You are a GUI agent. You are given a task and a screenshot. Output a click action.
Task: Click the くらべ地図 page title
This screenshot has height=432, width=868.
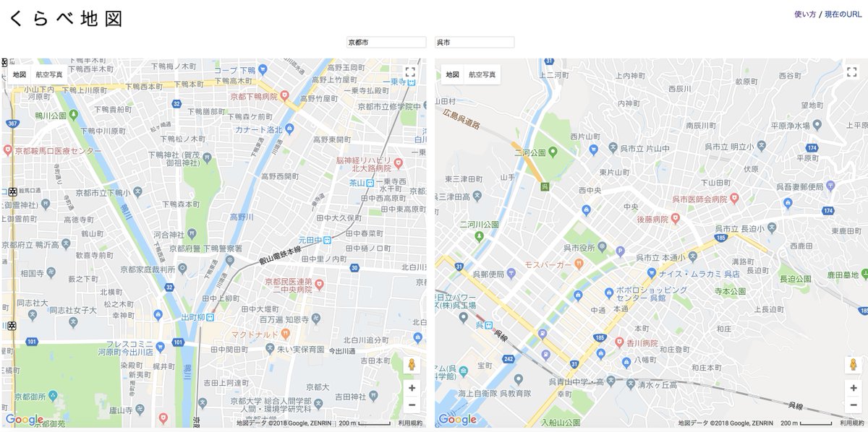[x=66, y=20]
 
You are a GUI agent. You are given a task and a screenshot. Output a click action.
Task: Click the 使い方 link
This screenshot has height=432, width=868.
[x=804, y=14]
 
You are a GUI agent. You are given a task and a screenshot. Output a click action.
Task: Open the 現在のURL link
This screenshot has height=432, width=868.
[x=843, y=14]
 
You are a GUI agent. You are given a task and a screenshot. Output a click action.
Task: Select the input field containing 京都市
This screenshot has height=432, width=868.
[x=386, y=43]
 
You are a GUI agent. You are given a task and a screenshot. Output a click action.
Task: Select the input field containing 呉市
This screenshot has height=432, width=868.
[x=475, y=43]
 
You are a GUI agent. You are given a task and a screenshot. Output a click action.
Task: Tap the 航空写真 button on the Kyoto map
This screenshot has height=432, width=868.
[x=49, y=74]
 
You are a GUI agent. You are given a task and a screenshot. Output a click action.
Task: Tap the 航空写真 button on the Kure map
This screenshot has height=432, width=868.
[x=482, y=74]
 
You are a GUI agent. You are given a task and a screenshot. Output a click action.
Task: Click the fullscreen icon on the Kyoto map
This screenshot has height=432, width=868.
[x=410, y=72]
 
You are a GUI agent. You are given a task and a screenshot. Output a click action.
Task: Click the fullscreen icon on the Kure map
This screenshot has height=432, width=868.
[x=851, y=72]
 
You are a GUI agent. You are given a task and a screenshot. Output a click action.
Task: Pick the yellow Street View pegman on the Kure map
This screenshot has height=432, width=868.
[x=851, y=365]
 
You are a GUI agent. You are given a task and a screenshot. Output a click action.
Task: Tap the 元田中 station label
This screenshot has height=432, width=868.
[x=309, y=240]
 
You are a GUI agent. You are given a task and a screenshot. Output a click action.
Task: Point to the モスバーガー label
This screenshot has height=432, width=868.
[x=548, y=264]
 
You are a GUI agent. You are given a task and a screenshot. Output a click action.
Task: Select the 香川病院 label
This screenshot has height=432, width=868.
[x=642, y=342]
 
